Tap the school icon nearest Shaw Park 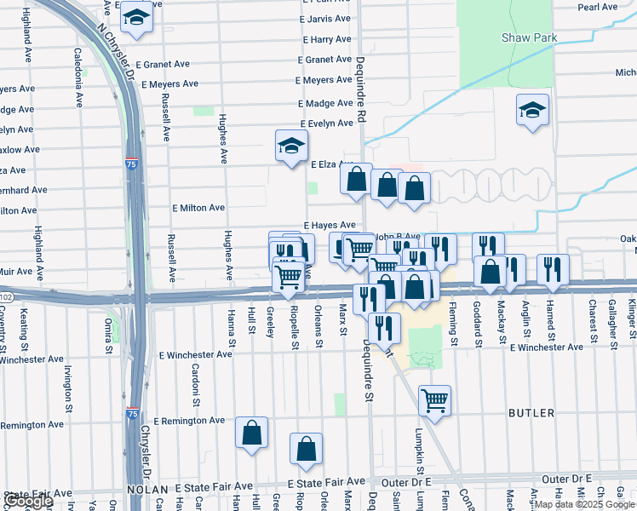[x=532, y=111]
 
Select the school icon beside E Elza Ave [x=291, y=146]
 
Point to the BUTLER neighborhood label [x=531, y=413]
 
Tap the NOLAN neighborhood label [x=148, y=489]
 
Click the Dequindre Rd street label [x=360, y=84]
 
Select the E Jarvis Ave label [x=325, y=18]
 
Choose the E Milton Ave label [x=198, y=208]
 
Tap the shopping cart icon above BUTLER [x=434, y=400]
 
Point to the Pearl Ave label [x=597, y=7]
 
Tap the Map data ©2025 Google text [x=584, y=504]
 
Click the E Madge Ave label [x=325, y=102]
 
